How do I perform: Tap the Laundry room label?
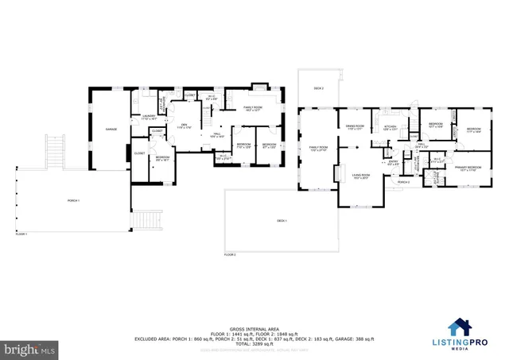coord(148,118)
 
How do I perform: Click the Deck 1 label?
coord(282,220)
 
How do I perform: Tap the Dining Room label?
coord(355,126)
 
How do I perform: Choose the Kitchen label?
coord(390,127)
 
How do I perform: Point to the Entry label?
coord(393,162)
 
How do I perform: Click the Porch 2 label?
coord(404,182)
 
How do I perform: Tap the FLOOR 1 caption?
coord(21,234)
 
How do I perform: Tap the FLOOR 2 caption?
coord(230,254)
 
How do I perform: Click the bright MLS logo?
coord(29,348)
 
